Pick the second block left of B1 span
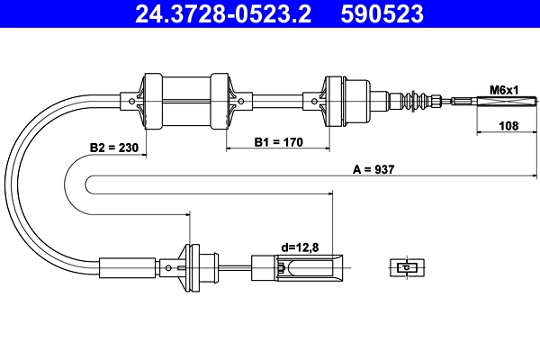pos(221,100)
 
